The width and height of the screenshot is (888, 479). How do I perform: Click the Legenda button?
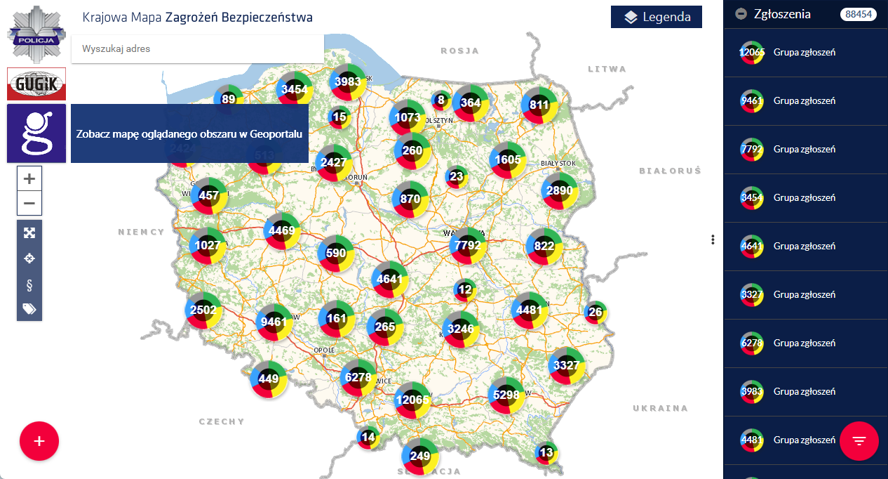click(656, 17)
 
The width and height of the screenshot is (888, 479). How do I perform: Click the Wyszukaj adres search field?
click(197, 49)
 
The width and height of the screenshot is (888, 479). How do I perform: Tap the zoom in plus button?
click(29, 178)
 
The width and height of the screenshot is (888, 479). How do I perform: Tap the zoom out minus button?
click(29, 203)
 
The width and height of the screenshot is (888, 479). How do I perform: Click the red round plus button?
click(39, 441)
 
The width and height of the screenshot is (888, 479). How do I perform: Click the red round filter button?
click(859, 440)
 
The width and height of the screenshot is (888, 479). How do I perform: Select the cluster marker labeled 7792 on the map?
click(468, 246)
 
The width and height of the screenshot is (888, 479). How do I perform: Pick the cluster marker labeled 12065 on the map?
click(412, 400)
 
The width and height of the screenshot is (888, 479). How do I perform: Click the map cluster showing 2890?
click(560, 191)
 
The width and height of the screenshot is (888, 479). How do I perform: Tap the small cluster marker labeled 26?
click(596, 312)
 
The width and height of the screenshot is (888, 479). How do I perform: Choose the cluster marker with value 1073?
click(408, 117)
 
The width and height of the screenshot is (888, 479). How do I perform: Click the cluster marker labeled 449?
click(269, 379)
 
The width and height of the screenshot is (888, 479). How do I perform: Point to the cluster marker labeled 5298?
click(506, 395)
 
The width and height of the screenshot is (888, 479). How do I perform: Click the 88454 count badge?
click(859, 14)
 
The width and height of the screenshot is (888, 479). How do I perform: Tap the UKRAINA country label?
click(660, 408)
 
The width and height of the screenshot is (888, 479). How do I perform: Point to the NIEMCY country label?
click(141, 232)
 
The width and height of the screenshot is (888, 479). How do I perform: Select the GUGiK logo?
click(36, 84)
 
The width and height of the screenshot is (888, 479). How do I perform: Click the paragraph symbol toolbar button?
click(29, 284)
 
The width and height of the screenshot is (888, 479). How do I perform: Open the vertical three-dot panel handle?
click(713, 240)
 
